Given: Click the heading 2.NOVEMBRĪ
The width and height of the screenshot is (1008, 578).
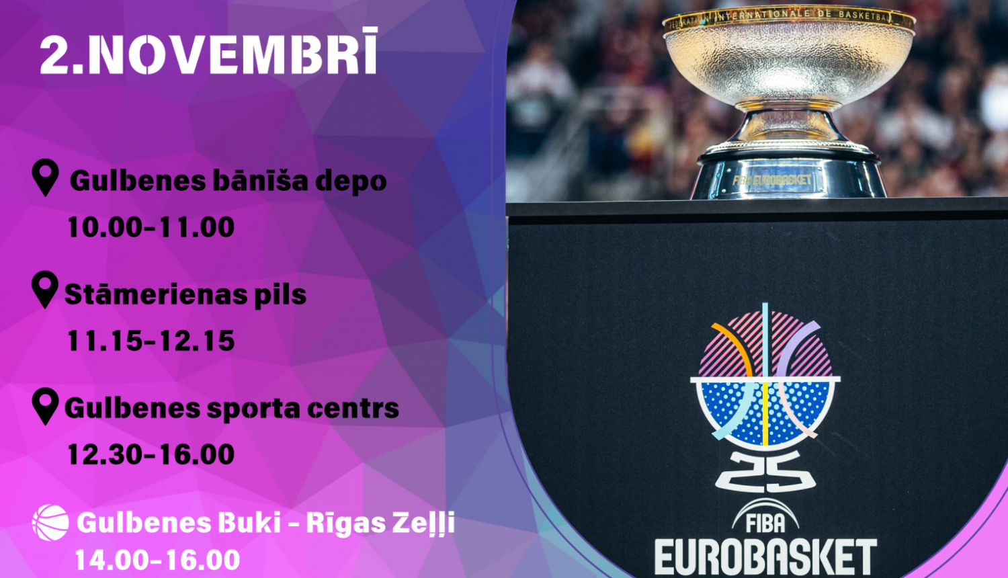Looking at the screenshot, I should tap(208, 54).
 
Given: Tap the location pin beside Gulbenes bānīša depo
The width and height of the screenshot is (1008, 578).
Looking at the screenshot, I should tap(46, 177).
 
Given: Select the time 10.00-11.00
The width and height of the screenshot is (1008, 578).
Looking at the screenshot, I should tap(151, 228).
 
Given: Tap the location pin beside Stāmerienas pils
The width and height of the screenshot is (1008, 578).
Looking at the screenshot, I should tap(45, 290).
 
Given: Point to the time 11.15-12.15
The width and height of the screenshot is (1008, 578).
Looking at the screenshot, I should tap(151, 341).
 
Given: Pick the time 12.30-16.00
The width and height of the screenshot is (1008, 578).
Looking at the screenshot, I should tap(151, 455).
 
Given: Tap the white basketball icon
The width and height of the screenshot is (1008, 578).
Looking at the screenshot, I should tap(50, 523).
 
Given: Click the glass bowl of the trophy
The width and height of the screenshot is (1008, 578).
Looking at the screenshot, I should tap(788, 60).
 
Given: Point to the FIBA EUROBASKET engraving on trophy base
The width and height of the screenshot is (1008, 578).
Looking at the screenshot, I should tap(772, 180).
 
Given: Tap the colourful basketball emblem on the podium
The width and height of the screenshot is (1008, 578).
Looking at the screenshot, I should tap(765, 376).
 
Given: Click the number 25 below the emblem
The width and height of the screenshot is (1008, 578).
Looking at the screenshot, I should tap(765, 471).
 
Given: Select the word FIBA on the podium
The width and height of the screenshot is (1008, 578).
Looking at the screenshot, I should tap(765, 522).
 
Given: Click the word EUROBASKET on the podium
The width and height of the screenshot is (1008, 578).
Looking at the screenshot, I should tap(765, 557).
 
